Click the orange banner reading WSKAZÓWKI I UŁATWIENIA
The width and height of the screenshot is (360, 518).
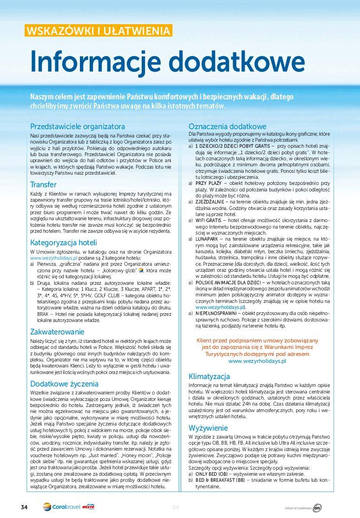pos(98,31)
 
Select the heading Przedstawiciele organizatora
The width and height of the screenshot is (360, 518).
pos(77,126)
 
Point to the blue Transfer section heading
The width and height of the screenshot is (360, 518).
pos(43,184)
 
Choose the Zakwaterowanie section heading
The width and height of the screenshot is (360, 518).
pos(57,332)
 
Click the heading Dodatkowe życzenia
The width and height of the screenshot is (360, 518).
pos(64,384)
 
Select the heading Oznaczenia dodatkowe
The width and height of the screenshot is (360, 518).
pos(227,126)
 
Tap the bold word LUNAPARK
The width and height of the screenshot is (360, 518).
pos(209,238)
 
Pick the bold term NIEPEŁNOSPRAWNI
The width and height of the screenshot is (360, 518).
pos(218,313)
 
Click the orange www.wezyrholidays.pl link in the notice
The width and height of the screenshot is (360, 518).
pos(257,361)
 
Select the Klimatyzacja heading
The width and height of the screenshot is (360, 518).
pos(209,376)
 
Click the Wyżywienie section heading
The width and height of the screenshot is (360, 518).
pos(208,428)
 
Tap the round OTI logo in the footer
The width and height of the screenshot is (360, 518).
pos(317,508)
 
